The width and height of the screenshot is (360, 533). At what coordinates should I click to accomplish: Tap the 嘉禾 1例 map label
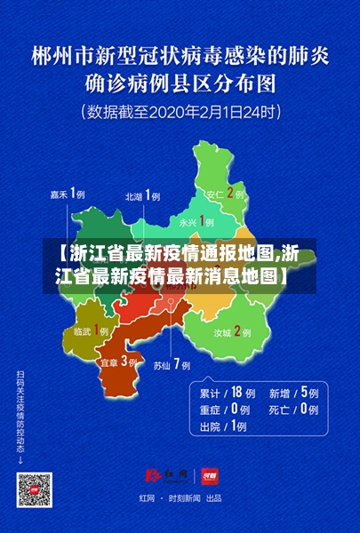67,195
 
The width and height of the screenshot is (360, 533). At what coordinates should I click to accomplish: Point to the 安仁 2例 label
225,193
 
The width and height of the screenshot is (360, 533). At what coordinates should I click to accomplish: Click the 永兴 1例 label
196,221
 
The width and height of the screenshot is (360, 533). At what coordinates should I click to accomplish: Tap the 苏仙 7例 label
172,364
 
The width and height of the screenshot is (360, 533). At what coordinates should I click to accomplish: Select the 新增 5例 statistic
293,392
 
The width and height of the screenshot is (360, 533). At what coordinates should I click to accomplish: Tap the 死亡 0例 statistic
293,410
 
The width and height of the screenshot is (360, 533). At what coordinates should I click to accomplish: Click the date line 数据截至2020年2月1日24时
181,113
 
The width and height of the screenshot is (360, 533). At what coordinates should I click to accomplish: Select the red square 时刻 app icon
209,475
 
